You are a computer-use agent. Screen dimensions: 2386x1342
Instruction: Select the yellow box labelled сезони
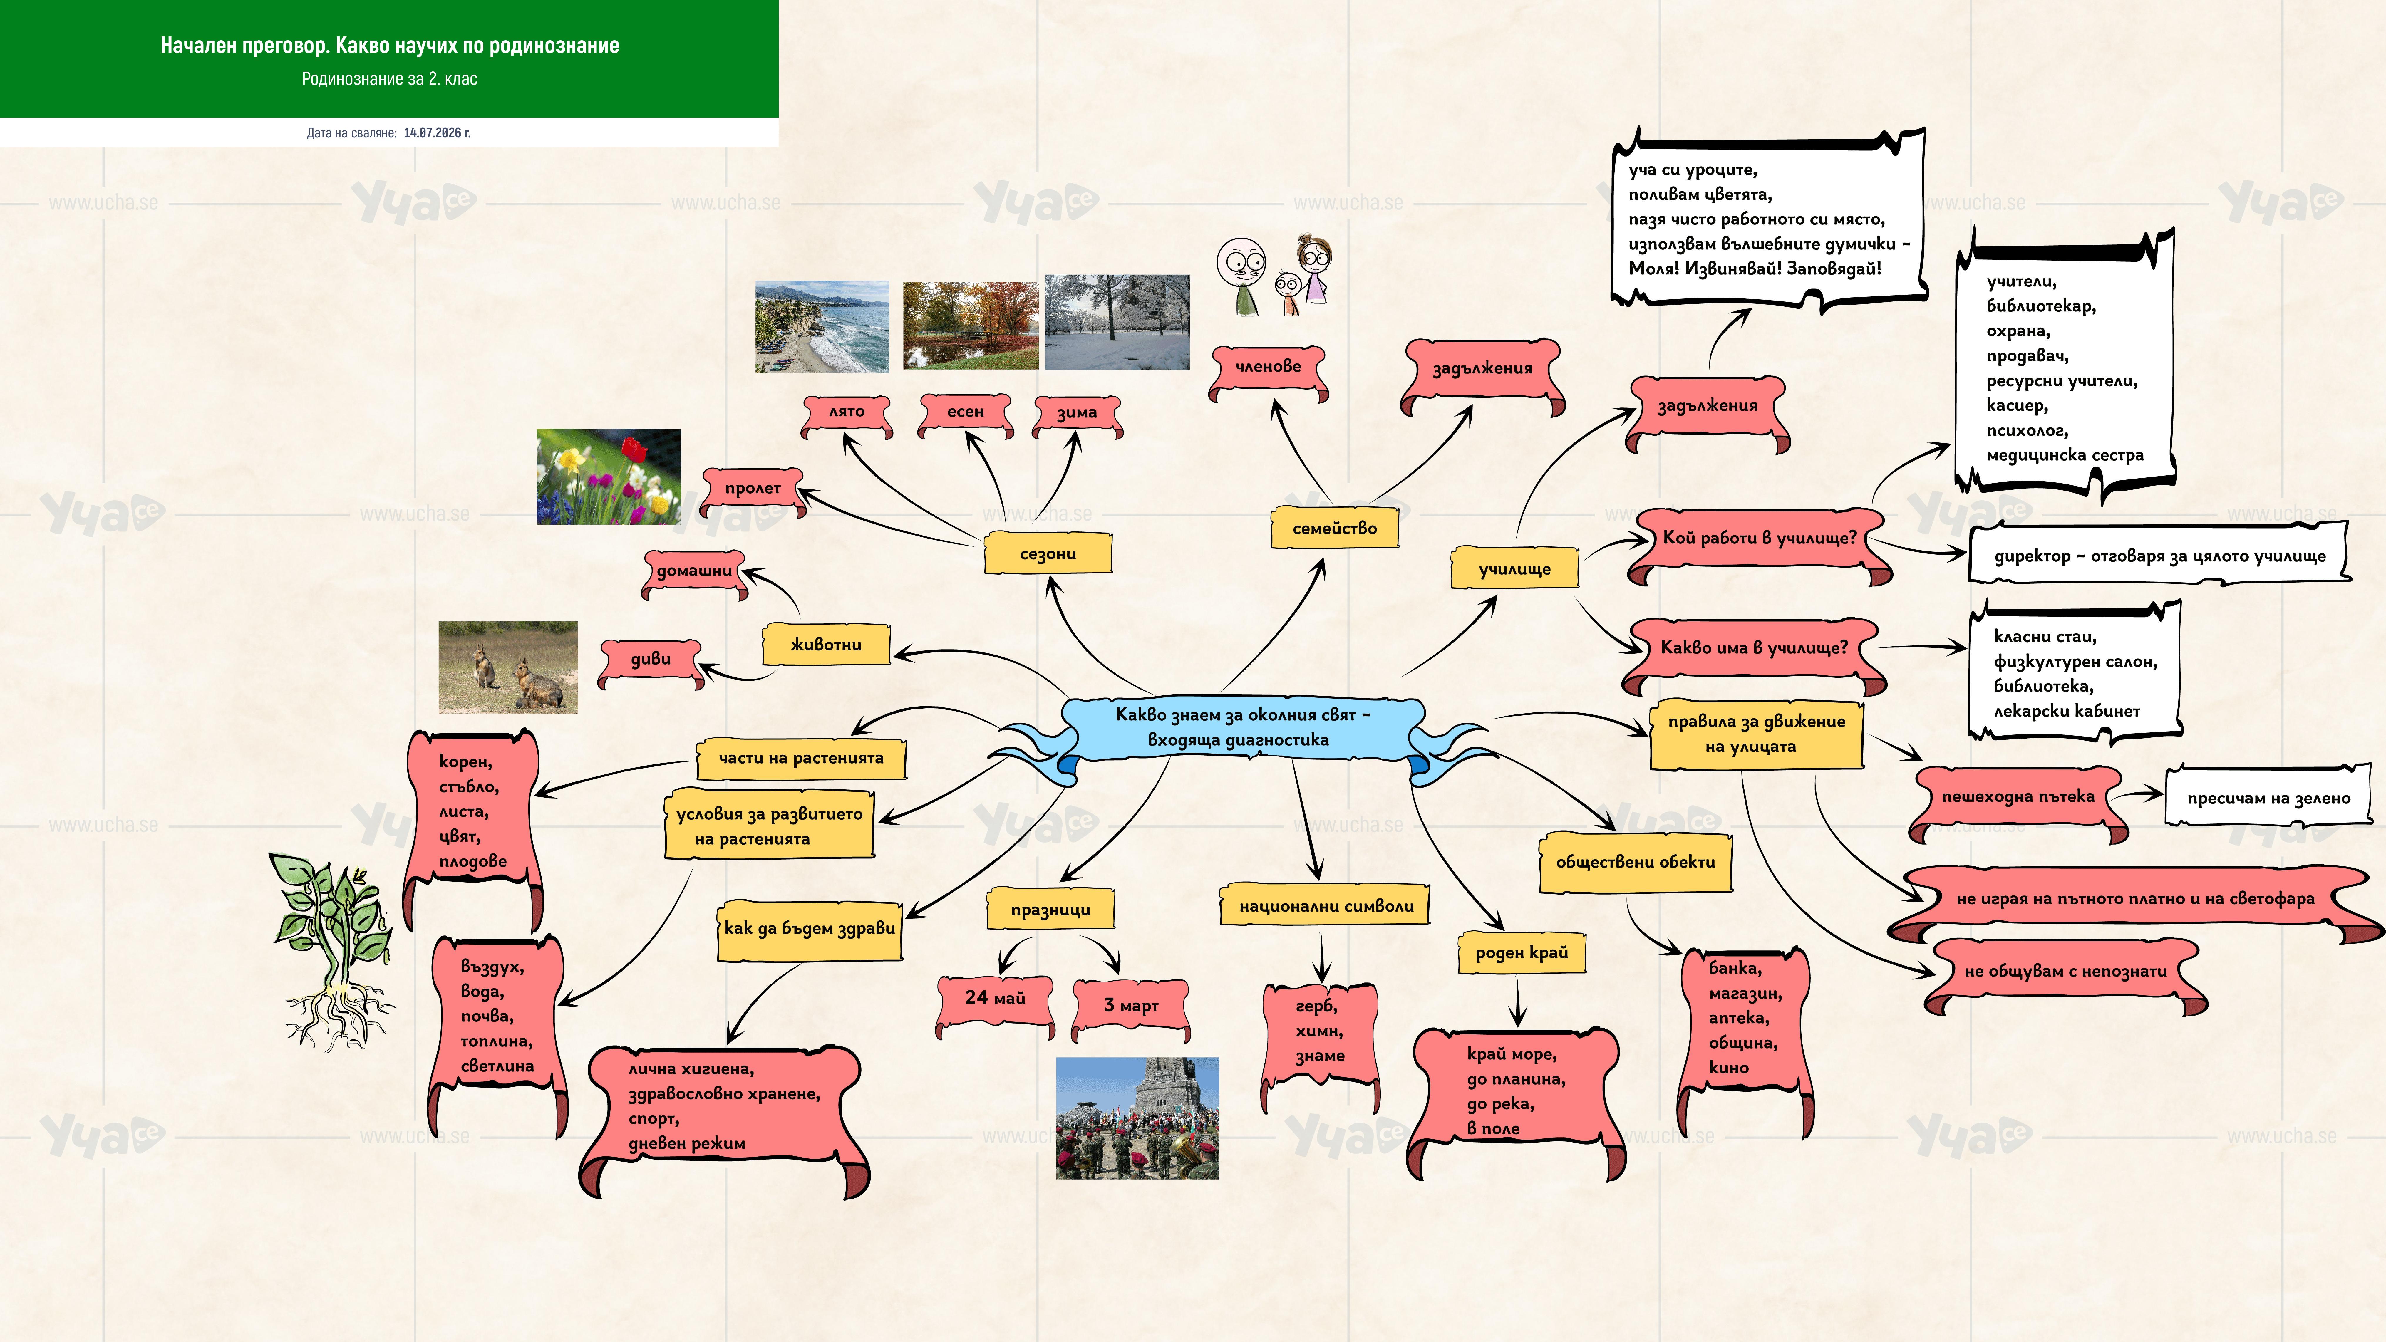pyautogui.click(x=1048, y=553)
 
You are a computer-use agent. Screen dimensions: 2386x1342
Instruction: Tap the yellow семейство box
pyautogui.click(x=1334, y=528)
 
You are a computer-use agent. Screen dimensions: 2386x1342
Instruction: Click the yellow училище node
pyautogui.click(x=1514, y=568)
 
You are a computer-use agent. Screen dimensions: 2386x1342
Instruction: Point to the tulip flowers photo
pyautogui.click(x=609, y=476)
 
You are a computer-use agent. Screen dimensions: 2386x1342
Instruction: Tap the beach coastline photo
pyautogui.click(x=822, y=327)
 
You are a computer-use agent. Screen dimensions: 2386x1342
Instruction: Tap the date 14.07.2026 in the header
pyautogui.click(x=437, y=132)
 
